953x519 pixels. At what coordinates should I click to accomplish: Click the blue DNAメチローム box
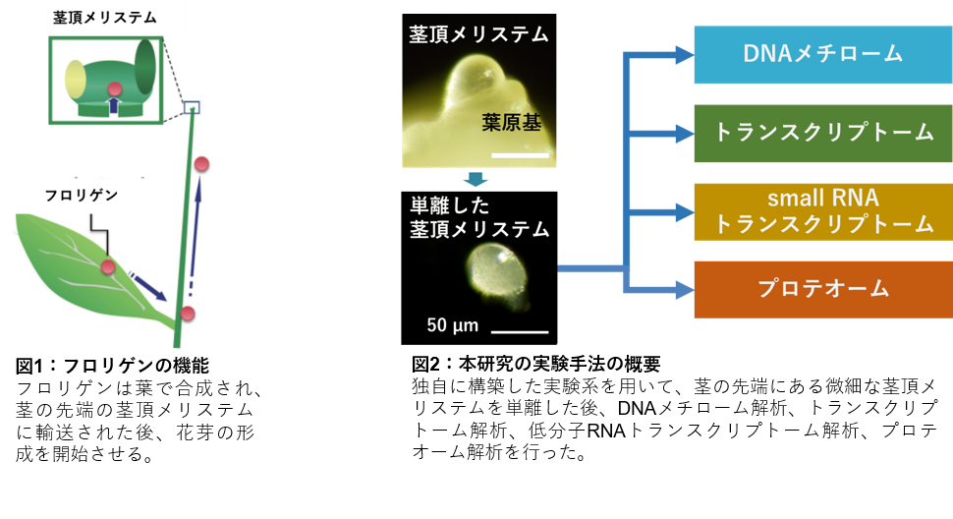tap(823, 54)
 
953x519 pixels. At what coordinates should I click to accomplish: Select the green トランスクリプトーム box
tap(823, 133)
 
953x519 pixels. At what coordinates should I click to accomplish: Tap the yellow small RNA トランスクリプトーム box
tap(823, 211)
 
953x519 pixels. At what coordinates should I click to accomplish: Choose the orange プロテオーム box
tap(823, 289)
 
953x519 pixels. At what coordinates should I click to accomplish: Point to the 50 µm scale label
tap(452, 325)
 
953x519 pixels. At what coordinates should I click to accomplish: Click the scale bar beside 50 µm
tap(520, 332)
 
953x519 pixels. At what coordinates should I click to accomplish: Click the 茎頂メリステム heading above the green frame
tap(105, 17)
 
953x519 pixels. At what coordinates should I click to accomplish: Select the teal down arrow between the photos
tap(476, 179)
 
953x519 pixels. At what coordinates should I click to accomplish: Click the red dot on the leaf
tap(108, 266)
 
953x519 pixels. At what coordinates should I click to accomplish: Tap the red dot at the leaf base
tap(188, 314)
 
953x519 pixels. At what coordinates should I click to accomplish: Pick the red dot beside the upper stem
tap(202, 163)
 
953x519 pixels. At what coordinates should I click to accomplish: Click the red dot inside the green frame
tap(115, 89)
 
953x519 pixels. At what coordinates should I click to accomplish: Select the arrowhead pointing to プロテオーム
tap(684, 289)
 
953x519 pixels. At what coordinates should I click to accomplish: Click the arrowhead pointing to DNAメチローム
tap(684, 55)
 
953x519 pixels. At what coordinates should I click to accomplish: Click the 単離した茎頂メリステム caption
tap(479, 217)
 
